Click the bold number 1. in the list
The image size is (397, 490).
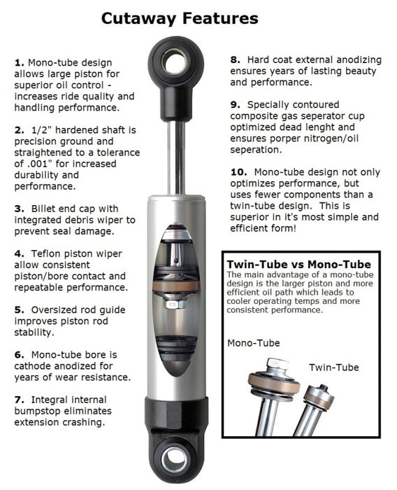[x=19, y=63]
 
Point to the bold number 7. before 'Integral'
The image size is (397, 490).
[x=19, y=399]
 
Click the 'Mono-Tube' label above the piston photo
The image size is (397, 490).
[x=254, y=343]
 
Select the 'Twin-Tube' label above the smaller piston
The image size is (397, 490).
[x=333, y=366]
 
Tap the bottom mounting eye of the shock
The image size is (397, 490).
[x=174, y=459]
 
